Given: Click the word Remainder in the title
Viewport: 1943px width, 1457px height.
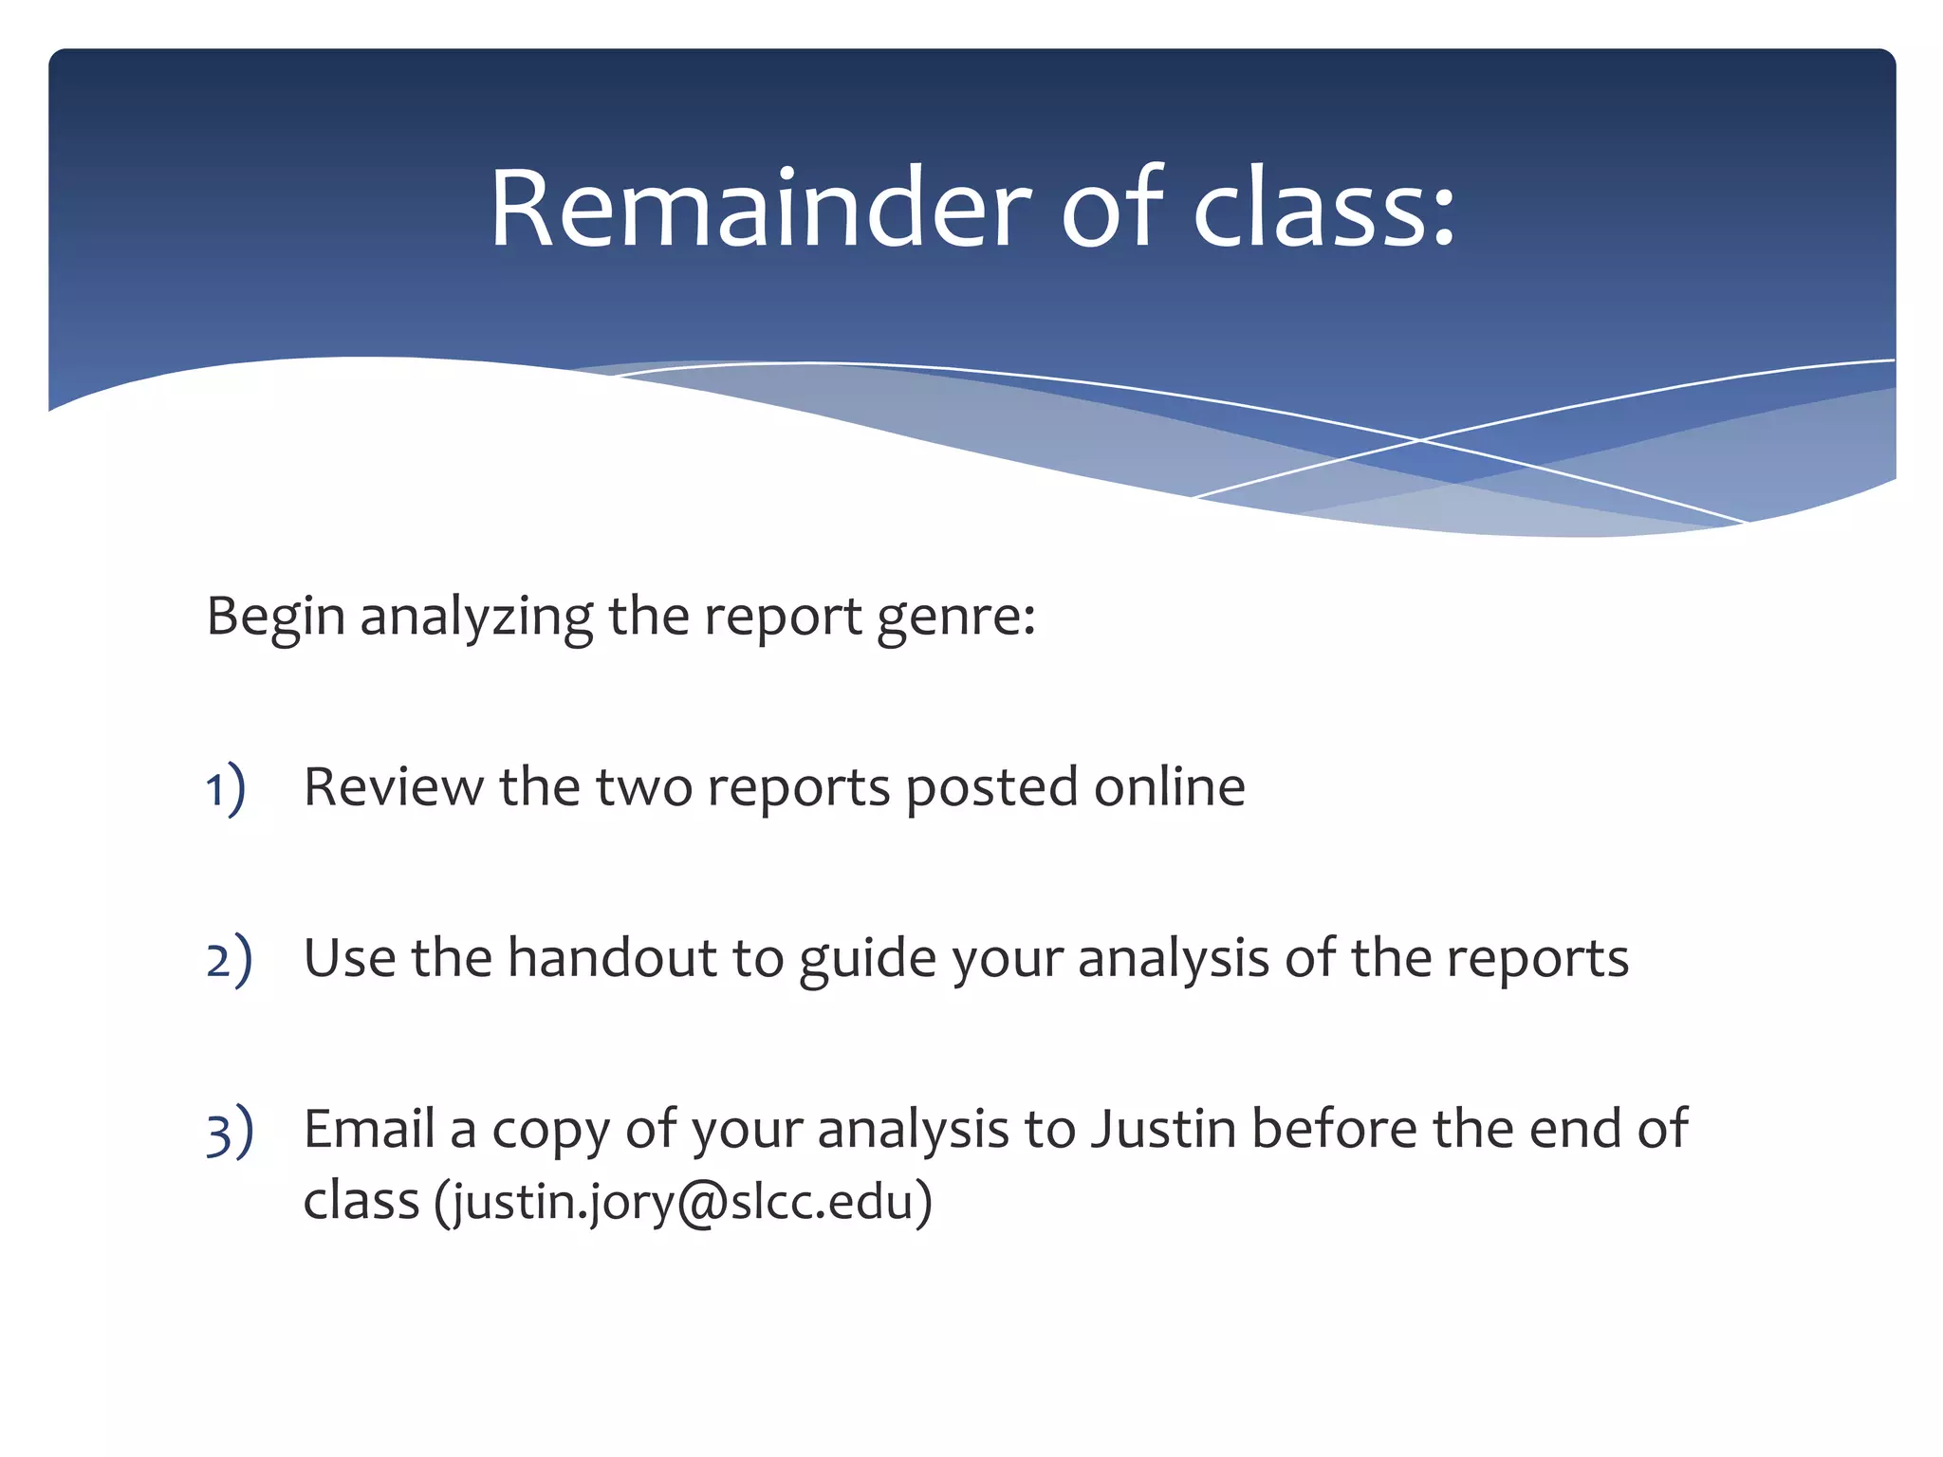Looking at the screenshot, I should pyautogui.click(x=760, y=209).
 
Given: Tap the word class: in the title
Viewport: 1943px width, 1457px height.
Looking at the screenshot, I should pyautogui.click(x=1323, y=209).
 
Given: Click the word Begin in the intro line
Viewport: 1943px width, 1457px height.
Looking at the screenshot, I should pyautogui.click(x=275, y=617).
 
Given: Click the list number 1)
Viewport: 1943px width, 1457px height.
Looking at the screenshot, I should pyautogui.click(x=226, y=789).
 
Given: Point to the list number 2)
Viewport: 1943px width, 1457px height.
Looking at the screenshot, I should pyautogui.click(x=229, y=960).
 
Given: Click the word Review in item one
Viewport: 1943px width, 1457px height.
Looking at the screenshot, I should pyautogui.click(x=393, y=787).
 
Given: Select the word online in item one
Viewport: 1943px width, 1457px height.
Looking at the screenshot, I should pyautogui.click(x=1169, y=787).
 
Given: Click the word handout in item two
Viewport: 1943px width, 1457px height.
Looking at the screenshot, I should pyautogui.click(x=611, y=958).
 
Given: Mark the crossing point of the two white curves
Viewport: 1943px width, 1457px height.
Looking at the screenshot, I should pyautogui.click(x=1420, y=439).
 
